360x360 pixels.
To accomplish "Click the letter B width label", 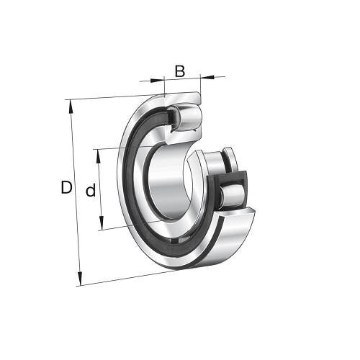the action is [180, 71].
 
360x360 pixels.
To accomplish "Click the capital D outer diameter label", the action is [66, 187].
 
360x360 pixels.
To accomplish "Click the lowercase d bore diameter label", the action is [91, 190].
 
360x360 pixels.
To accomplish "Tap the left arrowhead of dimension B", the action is [157, 81].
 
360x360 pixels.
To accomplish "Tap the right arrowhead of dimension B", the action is [207, 77].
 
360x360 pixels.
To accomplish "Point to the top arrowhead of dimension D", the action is [71, 107].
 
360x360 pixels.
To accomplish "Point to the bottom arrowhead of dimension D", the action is [80, 278].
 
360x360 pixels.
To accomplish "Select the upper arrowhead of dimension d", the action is [98, 156].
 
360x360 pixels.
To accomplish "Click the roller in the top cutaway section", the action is [190, 117].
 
